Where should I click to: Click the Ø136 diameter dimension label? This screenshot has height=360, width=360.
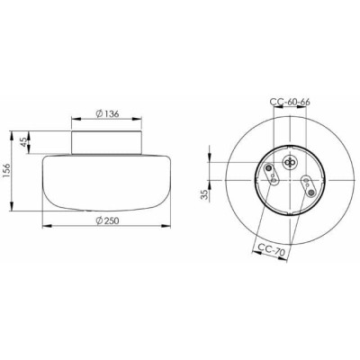tap(107, 113)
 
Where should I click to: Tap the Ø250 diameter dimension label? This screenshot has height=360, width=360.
tap(107, 220)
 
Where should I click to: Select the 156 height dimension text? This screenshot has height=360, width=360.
tap(6, 171)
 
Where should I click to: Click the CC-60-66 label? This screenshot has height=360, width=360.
tap(290, 102)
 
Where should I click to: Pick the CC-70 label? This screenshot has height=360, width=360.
tap(271, 249)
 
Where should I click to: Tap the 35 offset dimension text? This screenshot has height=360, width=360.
tap(204, 194)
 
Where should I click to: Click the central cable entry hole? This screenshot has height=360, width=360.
tap(290, 162)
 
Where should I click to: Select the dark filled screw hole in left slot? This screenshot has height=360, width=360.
tap(269, 167)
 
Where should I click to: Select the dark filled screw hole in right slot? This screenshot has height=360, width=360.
tap(311, 193)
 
